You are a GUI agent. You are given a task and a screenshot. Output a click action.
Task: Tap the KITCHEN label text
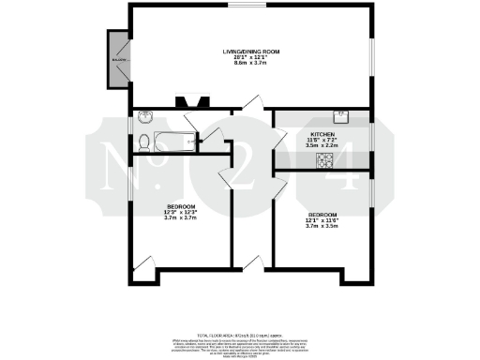pos(323,134)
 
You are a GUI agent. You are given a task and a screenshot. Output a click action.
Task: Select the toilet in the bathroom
pos(142,142)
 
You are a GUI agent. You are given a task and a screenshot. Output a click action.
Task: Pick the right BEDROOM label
pos(322,215)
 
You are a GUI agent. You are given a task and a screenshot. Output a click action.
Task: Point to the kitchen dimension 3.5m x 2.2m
pos(323,146)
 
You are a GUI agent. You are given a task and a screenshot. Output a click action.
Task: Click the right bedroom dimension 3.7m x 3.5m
pos(322,226)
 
